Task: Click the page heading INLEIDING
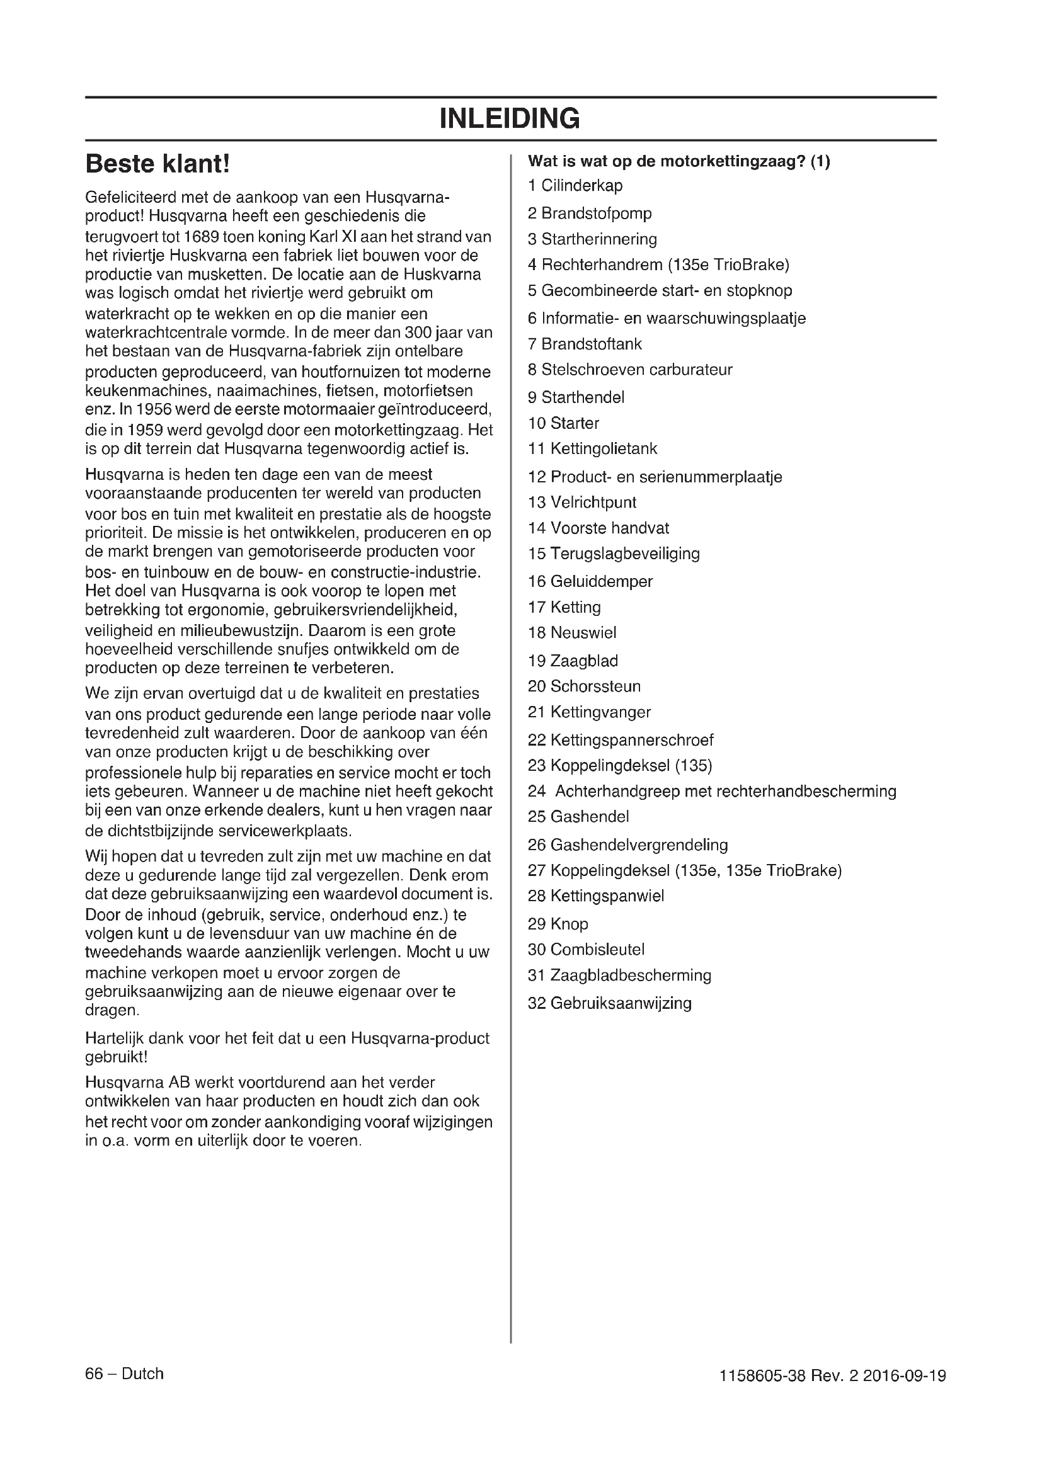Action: coord(510,118)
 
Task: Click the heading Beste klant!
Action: coord(157,164)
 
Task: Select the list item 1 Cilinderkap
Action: coord(575,186)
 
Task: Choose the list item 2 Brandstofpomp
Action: coord(589,213)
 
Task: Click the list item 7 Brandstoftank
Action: coord(585,344)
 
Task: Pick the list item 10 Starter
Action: coord(563,423)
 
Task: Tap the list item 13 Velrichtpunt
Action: coord(582,503)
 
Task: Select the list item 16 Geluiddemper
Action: coord(590,582)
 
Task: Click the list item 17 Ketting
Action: coord(564,608)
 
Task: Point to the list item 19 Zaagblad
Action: coord(572,661)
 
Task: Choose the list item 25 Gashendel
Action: coord(578,817)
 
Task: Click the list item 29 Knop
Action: coord(558,924)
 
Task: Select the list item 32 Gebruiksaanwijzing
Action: coord(610,1003)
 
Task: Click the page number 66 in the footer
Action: coord(94,1373)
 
